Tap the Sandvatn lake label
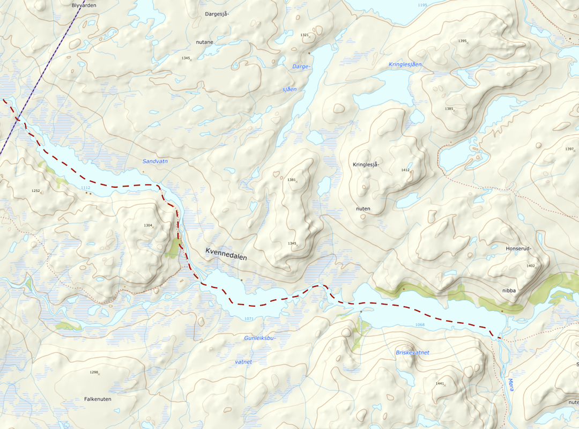pos(155,161)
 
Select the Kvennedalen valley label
pos(226,254)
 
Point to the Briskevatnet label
pos(412,352)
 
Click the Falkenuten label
pos(98,399)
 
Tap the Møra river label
pos(510,384)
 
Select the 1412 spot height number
pos(405,170)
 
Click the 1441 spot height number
pos(440,383)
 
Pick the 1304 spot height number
pos(148,225)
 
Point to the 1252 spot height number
pos(35,191)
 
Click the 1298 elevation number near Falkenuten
pos(94,372)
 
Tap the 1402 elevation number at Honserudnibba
pos(531,266)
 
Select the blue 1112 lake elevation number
pos(85,188)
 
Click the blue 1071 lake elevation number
pos(248,319)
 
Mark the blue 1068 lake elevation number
pos(420,324)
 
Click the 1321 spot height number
pos(305,35)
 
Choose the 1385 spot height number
pos(449,109)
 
